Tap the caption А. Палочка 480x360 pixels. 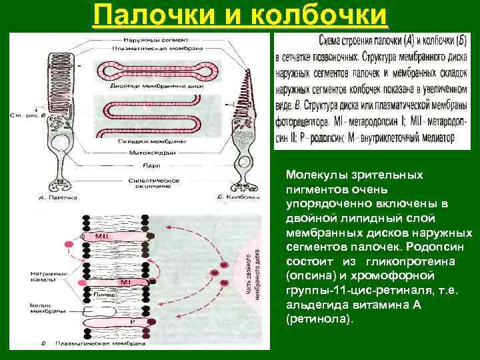click(x=58, y=197)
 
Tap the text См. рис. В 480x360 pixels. click(x=27, y=115)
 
